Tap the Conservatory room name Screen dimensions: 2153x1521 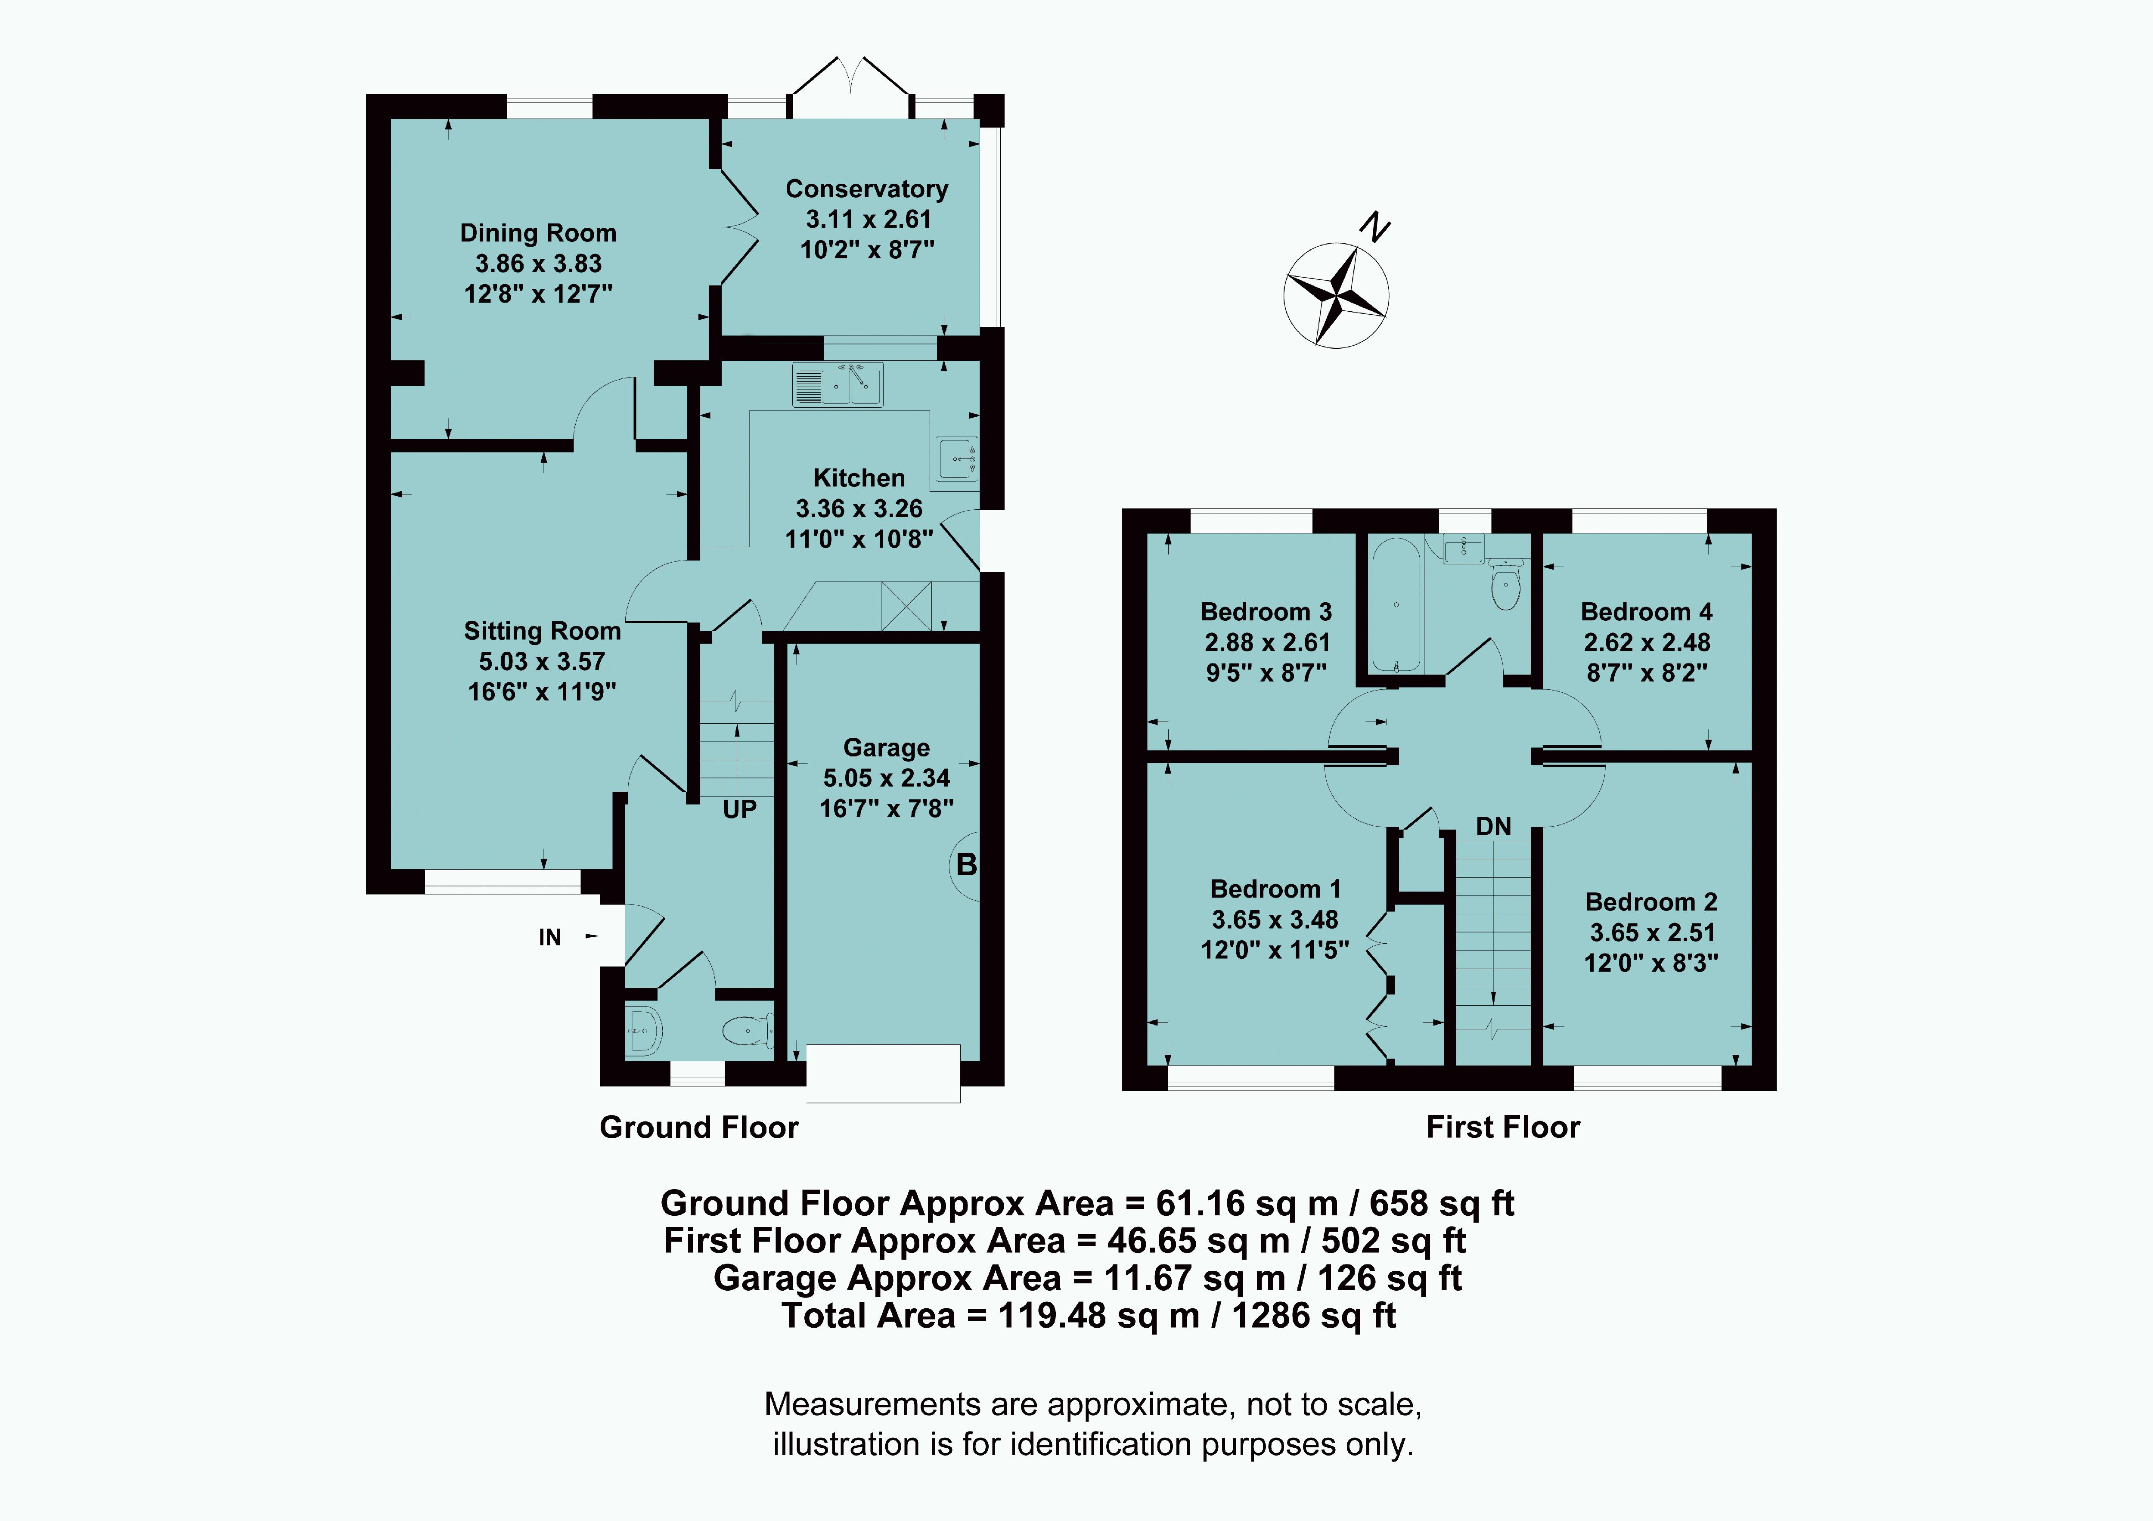[866, 189]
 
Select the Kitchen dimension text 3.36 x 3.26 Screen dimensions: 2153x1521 [859, 508]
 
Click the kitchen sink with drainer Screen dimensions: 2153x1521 [838, 384]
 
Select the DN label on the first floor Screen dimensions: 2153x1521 [1494, 826]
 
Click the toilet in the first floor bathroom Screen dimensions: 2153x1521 [1505, 583]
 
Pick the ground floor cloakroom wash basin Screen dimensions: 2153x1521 [643, 1032]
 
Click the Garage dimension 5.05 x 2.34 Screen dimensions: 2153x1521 [886, 778]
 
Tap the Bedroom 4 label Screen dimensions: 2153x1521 [1647, 611]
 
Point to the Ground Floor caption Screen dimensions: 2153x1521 [698, 1127]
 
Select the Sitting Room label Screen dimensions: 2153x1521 [542, 631]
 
